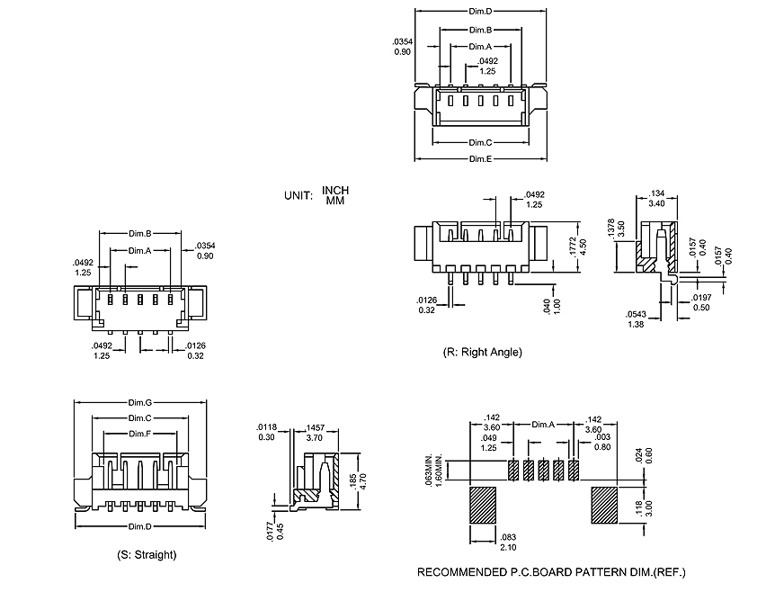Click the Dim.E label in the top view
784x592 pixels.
tap(480, 159)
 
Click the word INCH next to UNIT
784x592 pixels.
tap(334, 191)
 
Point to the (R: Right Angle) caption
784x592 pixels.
tap(482, 352)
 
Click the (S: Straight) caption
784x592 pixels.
tap(147, 554)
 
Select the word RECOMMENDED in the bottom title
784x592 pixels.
tap(459, 572)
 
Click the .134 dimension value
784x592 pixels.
tap(657, 193)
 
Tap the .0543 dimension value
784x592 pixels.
tap(636, 314)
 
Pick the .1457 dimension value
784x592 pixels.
tap(315, 428)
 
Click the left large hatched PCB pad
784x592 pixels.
tap(484, 506)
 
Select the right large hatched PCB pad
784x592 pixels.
tap(603, 506)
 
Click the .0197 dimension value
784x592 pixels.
tap(701, 298)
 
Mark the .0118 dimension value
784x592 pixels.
tap(266, 427)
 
